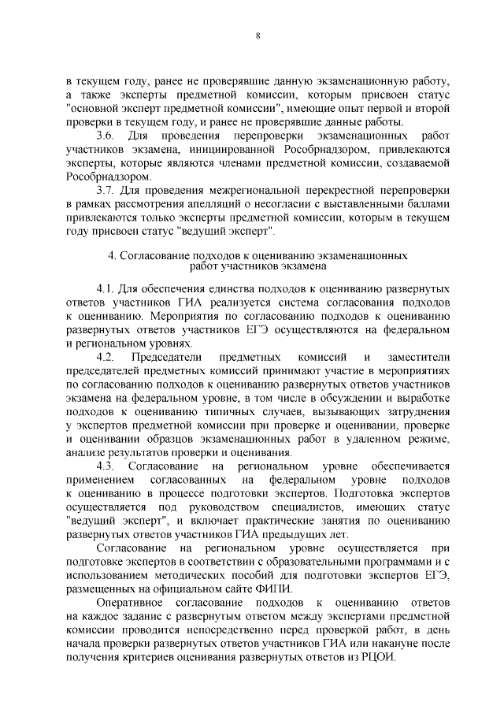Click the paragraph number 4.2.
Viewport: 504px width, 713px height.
tap(107, 358)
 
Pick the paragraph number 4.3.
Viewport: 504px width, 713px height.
tap(107, 467)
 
